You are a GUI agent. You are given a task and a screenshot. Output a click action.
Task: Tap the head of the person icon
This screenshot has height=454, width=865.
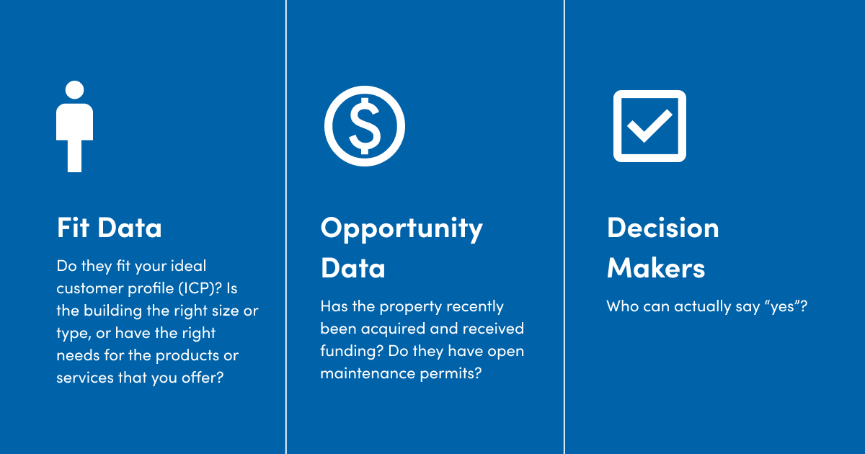[x=74, y=90]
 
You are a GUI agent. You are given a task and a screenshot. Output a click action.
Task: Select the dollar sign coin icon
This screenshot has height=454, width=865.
[x=365, y=126]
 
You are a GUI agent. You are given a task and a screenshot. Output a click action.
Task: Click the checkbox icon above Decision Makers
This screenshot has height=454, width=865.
[x=649, y=126]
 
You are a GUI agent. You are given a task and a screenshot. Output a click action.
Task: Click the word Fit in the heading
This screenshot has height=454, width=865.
[x=74, y=228]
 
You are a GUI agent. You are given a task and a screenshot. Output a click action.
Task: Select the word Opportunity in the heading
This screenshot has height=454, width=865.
[x=402, y=229]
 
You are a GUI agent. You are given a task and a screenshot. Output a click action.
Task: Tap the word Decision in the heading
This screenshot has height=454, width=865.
[x=662, y=228]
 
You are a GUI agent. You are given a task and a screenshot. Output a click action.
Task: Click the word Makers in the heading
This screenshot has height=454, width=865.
[x=656, y=267]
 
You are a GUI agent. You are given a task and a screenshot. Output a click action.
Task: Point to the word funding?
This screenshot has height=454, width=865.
[x=352, y=352]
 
